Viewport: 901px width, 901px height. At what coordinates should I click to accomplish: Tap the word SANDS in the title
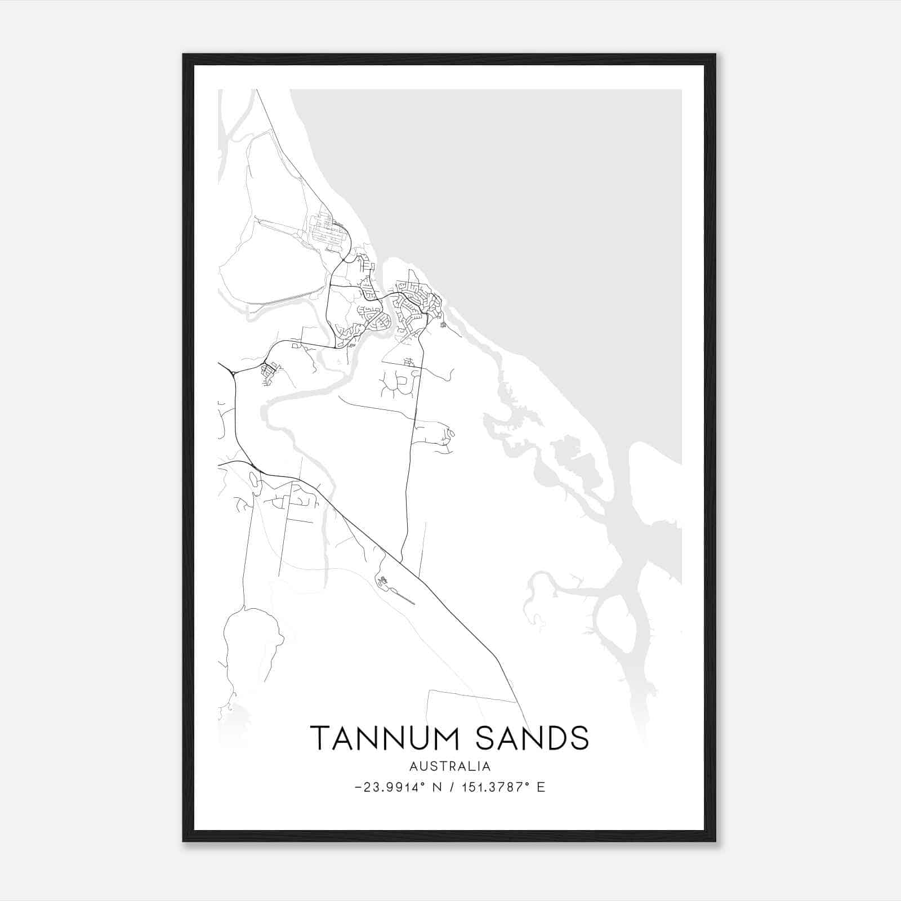coord(532,738)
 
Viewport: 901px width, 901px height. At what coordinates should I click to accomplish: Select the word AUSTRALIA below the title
coord(450,766)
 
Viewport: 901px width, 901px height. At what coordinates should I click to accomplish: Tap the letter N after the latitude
coord(436,787)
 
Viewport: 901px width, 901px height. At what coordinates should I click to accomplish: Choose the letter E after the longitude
coord(541,787)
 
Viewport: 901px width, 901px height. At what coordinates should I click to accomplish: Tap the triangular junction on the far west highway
coord(233,373)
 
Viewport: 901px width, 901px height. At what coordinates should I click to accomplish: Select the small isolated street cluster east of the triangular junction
coord(269,373)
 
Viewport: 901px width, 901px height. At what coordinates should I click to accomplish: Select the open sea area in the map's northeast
coord(535,197)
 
